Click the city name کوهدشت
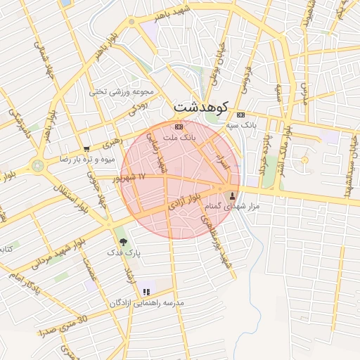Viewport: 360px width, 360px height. click(x=202, y=109)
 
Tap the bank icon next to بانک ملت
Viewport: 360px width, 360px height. click(x=179, y=127)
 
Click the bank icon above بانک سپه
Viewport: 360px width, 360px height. click(x=241, y=115)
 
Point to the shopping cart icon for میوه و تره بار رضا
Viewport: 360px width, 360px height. click(x=86, y=149)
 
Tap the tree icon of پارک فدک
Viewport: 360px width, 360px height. click(x=124, y=241)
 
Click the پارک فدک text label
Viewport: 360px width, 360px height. click(x=123, y=251)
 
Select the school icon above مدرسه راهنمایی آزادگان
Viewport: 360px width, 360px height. click(x=146, y=292)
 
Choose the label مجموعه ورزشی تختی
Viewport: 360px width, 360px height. click(x=117, y=91)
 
